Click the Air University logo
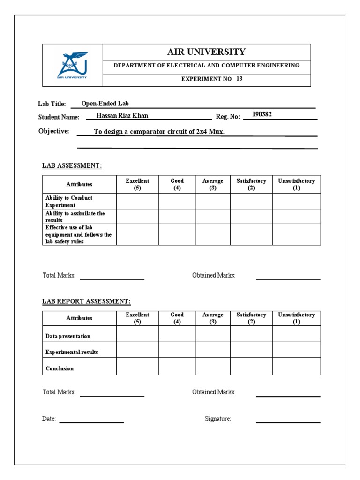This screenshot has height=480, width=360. pos(72,65)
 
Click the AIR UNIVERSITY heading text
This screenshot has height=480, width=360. pos(206,52)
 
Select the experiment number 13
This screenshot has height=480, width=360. pos(239,79)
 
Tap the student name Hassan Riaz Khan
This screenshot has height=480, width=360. pos(122,116)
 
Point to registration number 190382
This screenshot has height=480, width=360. pos(262,114)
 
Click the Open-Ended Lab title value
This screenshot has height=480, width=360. pos(105,104)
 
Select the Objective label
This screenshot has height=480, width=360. pos(53,131)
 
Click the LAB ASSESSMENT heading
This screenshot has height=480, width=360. pos(72,165)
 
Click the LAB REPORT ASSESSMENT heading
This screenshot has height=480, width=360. pos(86,301)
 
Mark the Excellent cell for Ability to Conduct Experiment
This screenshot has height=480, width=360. pos(137,202)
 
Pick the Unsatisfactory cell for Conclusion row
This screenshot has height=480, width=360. pos(296,367)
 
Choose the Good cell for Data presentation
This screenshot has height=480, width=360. pos(177,333)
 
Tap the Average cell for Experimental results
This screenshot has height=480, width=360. pos(213,350)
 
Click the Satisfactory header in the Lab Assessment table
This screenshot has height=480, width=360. pos(251,184)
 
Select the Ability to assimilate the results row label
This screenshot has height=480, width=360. pos(75,217)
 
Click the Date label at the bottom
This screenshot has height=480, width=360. pos(49,419)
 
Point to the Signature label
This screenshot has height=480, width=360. pos(217,419)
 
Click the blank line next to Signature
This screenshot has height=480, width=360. pos(288,422)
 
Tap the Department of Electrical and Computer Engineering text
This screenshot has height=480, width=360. pos(206,66)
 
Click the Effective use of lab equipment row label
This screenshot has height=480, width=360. pos(78,234)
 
